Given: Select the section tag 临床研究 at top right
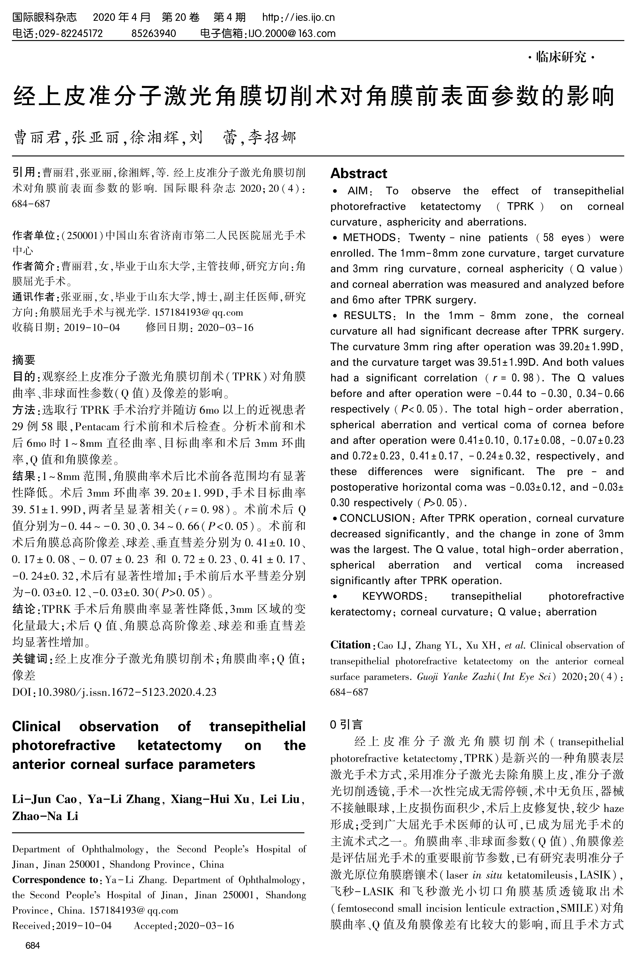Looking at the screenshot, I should (561, 58).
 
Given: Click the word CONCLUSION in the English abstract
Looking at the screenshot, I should (375, 518).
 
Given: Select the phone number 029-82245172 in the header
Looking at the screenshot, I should (70, 33).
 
